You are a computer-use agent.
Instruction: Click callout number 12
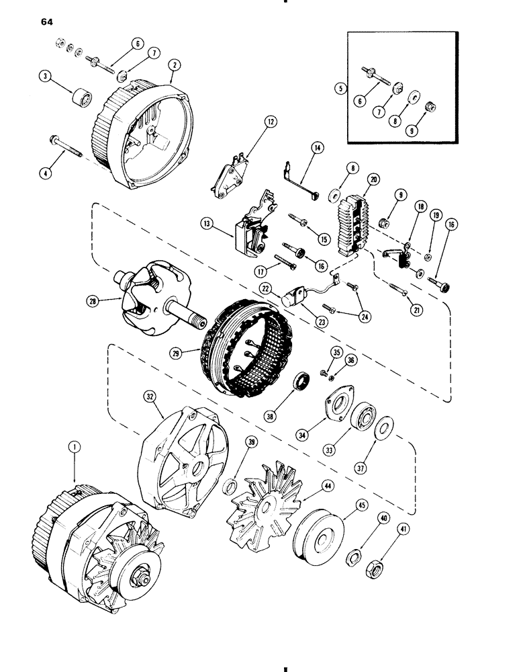251,122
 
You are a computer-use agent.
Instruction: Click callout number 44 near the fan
311,485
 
